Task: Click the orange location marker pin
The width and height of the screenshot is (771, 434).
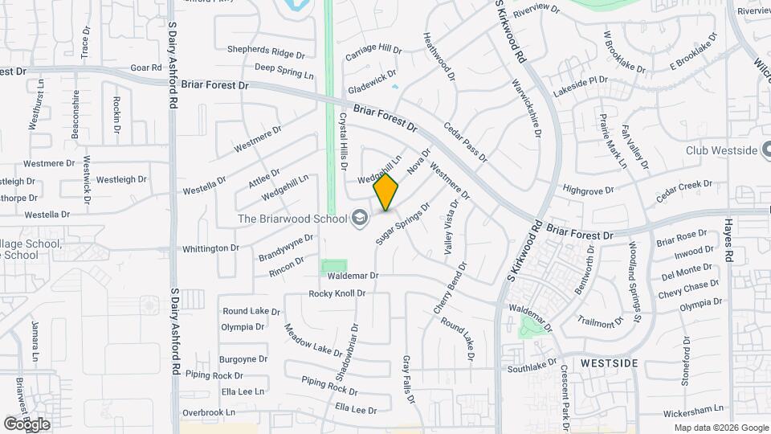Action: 386,192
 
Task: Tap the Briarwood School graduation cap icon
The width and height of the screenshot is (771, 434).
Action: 359,218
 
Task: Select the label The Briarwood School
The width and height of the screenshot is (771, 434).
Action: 292,218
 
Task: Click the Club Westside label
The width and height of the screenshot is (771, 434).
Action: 722,150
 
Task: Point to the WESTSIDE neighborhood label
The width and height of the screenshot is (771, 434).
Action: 609,363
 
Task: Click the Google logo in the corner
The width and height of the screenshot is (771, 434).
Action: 26,424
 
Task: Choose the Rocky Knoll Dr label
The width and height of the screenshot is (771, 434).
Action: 337,293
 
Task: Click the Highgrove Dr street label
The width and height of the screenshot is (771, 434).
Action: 588,190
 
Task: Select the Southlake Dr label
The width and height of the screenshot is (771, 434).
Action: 532,368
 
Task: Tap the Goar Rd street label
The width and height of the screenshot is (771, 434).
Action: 145,68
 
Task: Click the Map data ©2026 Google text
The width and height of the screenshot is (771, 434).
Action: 720,428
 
